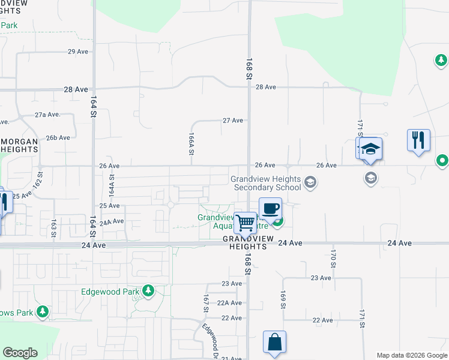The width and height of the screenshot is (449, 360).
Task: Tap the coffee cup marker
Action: [x=270, y=208]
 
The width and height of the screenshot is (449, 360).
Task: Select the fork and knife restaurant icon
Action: [x=418, y=140]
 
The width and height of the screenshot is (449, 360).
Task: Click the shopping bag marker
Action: [x=274, y=343]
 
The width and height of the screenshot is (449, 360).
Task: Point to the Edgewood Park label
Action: [x=111, y=292]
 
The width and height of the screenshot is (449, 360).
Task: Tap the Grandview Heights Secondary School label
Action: [x=267, y=183]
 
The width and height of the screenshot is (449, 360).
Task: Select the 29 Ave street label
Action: [x=78, y=52]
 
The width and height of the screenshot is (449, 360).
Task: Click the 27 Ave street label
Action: [x=233, y=121]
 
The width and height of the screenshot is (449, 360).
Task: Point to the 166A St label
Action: [x=191, y=145]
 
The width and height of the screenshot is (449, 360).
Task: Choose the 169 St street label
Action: [x=282, y=299]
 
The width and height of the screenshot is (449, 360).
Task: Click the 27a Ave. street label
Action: [x=47, y=114]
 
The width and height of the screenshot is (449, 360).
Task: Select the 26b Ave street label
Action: [x=58, y=137]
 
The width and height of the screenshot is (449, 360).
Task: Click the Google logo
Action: [x=20, y=353]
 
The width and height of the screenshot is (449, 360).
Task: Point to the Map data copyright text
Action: [x=412, y=355]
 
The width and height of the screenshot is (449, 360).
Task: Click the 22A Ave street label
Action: [x=229, y=303]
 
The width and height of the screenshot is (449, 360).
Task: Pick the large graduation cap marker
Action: [x=371, y=149]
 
